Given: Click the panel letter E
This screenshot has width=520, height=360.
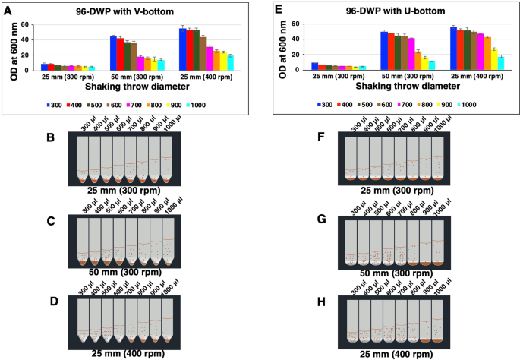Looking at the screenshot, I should coord(279,8).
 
